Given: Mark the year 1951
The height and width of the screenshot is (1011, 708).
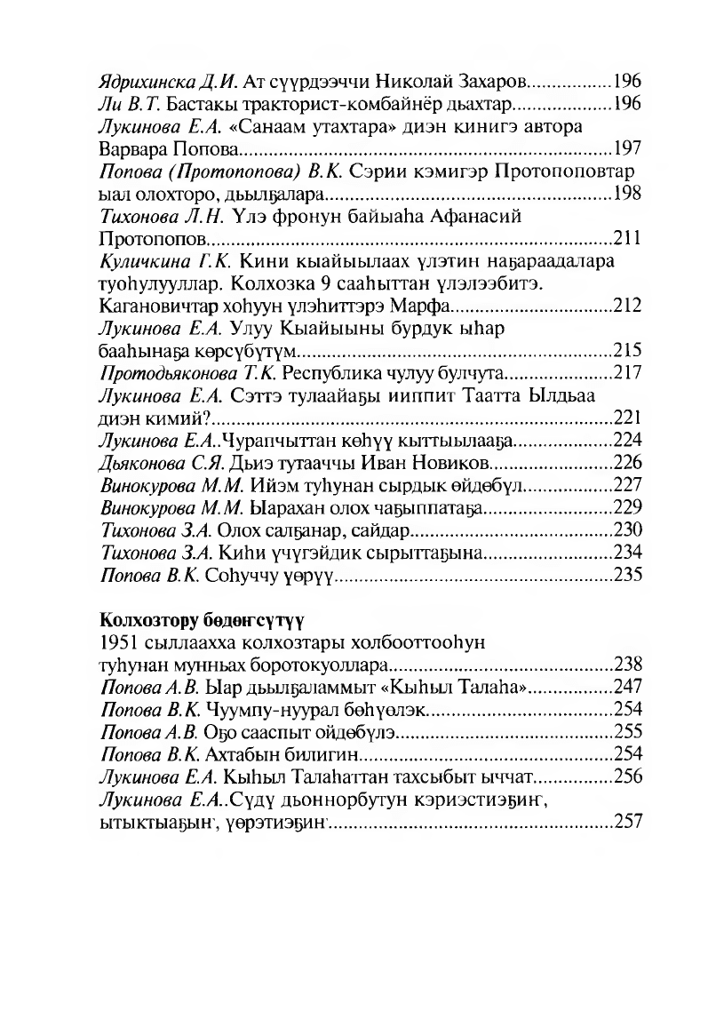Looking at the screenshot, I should (116, 641).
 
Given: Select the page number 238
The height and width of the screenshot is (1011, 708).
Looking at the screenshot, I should (627, 664).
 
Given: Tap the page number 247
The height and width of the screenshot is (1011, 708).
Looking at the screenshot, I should (627, 687).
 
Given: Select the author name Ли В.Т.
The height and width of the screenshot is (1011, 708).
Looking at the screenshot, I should (123, 103).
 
